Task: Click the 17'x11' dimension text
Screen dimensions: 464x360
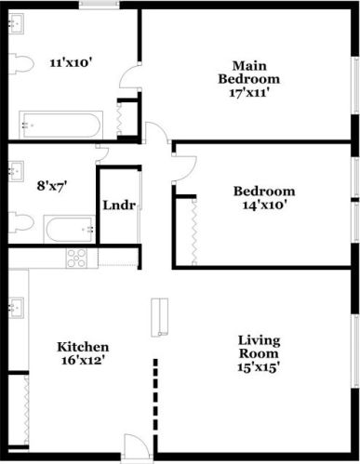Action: [249, 94]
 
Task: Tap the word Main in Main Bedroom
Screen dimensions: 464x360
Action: [248, 65]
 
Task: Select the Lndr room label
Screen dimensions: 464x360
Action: [120, 205]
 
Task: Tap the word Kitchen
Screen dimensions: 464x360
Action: [83, 346]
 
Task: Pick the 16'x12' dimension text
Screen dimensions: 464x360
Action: [83, 361]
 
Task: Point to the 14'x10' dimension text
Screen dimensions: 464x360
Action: [263, 206]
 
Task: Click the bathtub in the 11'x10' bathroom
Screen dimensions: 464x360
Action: [61, 125]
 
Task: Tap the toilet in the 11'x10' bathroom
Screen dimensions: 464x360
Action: [21, 64]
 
